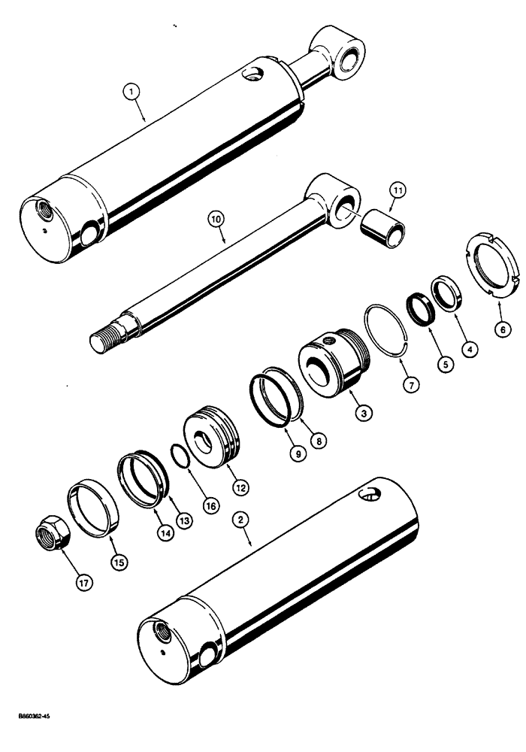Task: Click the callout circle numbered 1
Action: [133, 92]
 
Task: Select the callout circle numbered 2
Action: [240, 520]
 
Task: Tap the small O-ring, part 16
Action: [179, 477]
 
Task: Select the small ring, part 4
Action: [447, 294]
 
